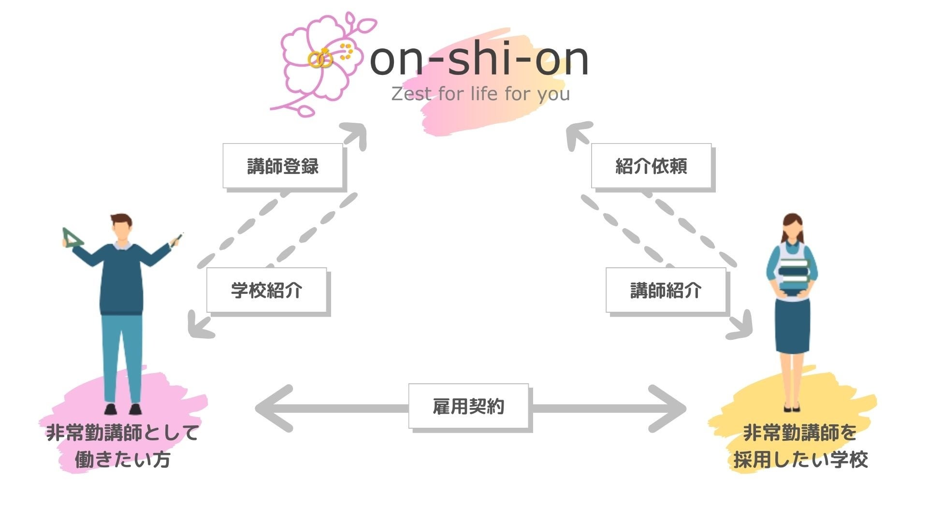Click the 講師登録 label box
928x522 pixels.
[283, 166]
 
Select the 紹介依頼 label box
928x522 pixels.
[651, 166]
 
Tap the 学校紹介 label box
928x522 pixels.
[266, 290]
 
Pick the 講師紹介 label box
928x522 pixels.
[666, 290]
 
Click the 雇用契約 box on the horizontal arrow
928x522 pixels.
[468, 406]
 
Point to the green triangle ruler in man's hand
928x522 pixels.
[72, 238]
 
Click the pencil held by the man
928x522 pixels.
[177, 239]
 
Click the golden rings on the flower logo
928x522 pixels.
[320, 59]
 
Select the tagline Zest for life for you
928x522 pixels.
[480, 93]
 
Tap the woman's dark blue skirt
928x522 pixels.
[792, 324]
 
